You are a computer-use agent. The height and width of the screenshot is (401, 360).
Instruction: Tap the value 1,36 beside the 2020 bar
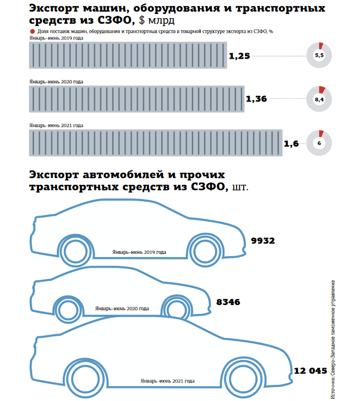pos(256,99)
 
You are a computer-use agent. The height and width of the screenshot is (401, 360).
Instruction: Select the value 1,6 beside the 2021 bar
pos(291,144)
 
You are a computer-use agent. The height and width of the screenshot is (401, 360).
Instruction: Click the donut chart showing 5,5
pos(319,55)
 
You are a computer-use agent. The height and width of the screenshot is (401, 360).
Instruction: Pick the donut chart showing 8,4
pos(319,99)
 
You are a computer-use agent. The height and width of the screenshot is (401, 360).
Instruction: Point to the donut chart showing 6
pos(319,143)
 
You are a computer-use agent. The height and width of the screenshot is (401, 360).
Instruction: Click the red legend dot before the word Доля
pos(32,32)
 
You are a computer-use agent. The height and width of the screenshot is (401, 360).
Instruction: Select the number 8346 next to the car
pos(228,303)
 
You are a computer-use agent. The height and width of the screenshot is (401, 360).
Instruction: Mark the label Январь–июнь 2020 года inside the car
pos(122,309)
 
